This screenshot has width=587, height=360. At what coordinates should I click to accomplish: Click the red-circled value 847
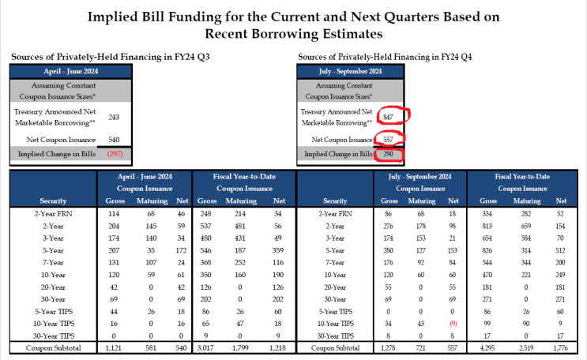387,117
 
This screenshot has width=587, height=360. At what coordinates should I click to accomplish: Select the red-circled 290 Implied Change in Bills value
387,153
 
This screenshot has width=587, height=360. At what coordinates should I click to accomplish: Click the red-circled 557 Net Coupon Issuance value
387,138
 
